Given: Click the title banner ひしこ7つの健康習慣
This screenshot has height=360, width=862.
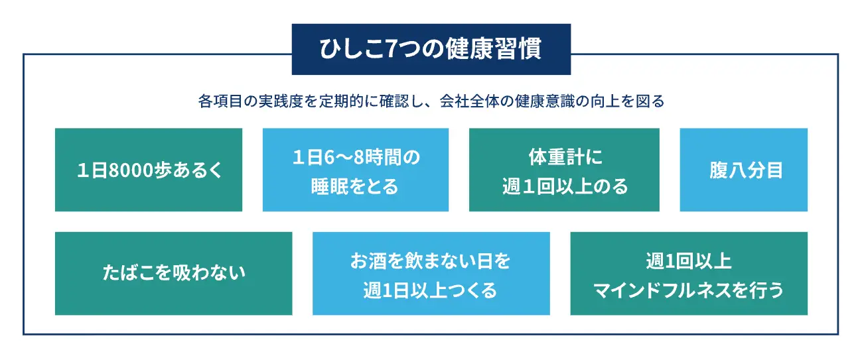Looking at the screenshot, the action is [x=431, y=49].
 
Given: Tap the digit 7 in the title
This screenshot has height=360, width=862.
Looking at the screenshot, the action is [x=391, y=49].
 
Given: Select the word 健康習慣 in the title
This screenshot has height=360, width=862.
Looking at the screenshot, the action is [x=494, y=49].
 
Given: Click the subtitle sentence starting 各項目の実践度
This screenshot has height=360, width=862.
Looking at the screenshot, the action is [x=431, y=101].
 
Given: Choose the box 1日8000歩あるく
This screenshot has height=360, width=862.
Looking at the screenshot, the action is [x=149, y=170].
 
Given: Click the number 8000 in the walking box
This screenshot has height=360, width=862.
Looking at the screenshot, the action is [x=131, y=170].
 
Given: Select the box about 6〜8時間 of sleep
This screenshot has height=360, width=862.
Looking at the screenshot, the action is [x=356, y=170].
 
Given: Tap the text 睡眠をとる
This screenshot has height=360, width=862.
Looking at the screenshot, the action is [x=355, y=186].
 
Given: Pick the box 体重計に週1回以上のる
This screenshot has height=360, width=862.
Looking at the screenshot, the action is [x=564, y=170].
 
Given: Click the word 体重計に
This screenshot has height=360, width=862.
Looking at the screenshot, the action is [x=565, y=157].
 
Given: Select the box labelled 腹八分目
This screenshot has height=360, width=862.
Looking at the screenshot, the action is [x=743, y=170].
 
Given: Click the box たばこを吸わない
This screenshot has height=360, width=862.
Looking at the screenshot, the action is [x=174, y=273].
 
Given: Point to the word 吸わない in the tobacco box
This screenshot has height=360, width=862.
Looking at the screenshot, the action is [x=209, y=272].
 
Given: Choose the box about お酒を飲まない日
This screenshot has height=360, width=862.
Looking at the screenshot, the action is [x=431, y=273].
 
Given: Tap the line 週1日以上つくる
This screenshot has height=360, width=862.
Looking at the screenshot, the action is [x=430, y=290].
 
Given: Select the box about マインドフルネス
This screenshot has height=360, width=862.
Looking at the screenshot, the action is [x=689, y=273].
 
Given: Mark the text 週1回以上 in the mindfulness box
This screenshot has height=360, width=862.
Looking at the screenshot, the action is [x=688, y=261].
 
